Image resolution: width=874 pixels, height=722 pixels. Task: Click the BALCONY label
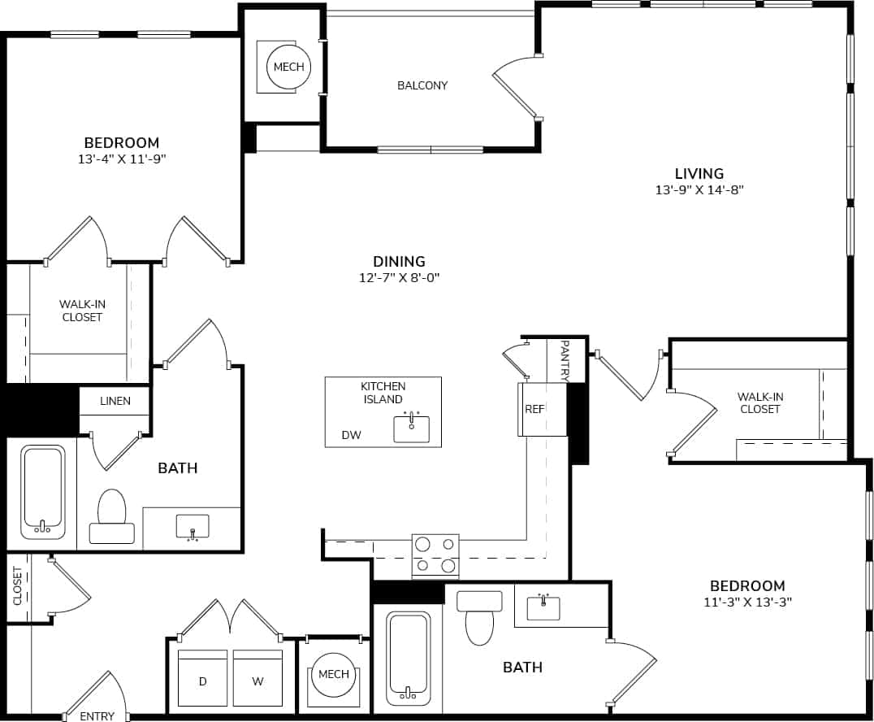(x=422, y=85)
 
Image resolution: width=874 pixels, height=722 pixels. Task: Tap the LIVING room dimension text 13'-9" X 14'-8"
(x=699, y=190)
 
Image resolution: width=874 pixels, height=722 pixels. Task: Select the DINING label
(x=399, y=262)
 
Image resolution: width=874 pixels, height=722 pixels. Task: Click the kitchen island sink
(x=412, y=428)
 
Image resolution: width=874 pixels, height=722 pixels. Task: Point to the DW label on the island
(x=351, y=436)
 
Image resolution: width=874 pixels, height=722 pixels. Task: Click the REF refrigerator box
(x=534, y=409)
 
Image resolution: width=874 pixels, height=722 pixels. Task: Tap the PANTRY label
(x=565, y=361)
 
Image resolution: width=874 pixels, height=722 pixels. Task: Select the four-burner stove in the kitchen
(x=435, y=555)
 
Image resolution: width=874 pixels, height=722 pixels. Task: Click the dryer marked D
(x=202, y=678)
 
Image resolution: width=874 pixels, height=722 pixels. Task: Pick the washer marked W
(x=257, y=678)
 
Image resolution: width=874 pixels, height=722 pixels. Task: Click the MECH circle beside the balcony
(x=288, y=67)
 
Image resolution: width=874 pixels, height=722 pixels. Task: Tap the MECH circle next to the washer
(x=333, y=674)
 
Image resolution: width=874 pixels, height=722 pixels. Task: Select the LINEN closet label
(x=115, y=401)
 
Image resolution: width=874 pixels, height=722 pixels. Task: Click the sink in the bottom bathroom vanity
(x=543, y=607)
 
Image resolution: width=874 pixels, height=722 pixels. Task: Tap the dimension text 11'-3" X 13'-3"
(x=747, y=602)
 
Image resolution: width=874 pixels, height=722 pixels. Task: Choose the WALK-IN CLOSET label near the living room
(x=759, y=402)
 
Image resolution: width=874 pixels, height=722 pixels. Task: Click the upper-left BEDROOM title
(x=122, y=142)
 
